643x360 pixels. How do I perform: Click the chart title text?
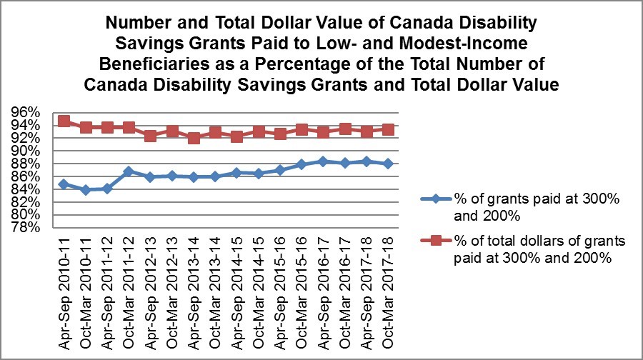click(x=321, y=54)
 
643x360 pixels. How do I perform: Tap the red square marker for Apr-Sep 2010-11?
click(x=64, y=121)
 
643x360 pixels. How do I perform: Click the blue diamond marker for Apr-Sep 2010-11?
click(x=64, y=184)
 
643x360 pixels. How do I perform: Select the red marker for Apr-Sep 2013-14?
click(x=194, y=138)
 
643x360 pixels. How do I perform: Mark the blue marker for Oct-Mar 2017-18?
click(x=387, y=164)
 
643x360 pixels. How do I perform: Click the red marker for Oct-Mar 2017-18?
click(x=387, y=129)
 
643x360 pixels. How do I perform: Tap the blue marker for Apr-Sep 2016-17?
click(x=323, y=161)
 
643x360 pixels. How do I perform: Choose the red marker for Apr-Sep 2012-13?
click(x=150, y=136)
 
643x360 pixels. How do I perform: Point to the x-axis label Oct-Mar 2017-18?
click(x=388, y=286)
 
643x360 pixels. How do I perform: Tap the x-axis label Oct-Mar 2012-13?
click(x=172, y=286)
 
